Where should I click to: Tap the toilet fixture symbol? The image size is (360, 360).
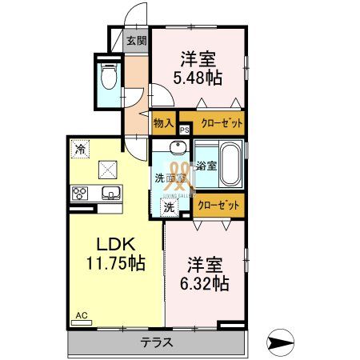108,77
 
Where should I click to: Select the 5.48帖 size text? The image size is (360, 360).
199,78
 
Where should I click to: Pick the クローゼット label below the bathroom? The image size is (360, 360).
218,205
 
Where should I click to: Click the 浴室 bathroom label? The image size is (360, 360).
206,166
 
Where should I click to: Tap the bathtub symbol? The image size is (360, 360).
230,164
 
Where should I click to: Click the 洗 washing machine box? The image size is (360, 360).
169,206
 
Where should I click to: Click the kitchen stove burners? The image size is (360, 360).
81,193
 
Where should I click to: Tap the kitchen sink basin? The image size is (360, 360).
109,193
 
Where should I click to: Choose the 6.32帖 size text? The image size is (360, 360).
207,282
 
